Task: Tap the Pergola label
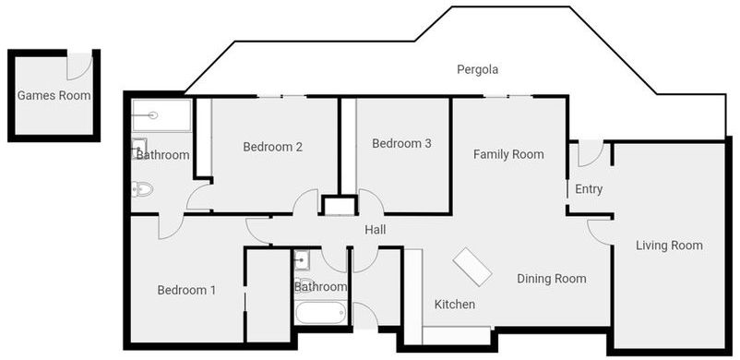[x=478, y=70]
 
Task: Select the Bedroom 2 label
[x=273, y=147]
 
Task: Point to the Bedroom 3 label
[x=401, y=144]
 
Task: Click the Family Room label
[x=508, y=154]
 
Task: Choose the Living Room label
[x=669, y=246]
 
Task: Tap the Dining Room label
[x=551, y=279]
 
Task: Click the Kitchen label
[x=454, y=305]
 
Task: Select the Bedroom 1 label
[x=186, y=290]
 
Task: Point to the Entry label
[x=589, y=189]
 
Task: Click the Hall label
[x=375, y=230]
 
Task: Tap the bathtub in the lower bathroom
[x=321, y=313]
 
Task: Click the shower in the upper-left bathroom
[x=161, y=115]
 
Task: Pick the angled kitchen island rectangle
[x=473, y=268]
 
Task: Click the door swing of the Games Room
[x=80, y=65]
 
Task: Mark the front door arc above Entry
[x=589, y=153]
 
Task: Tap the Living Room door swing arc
[x=600, y=231]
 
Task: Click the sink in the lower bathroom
[x=303, y=260]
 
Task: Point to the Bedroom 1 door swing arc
[x=171, y=225]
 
